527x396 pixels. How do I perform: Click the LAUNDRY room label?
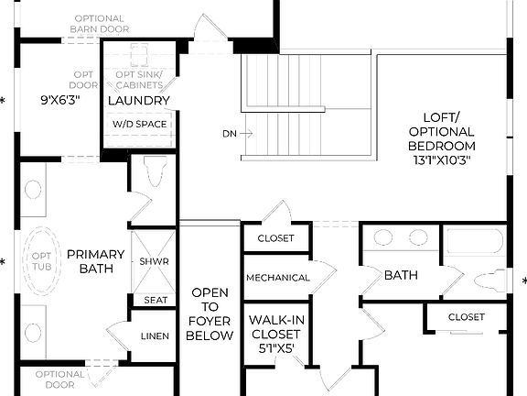(139, 101)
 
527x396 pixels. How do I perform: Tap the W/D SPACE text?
(139, 123)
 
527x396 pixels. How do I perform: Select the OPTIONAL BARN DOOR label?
(99, 23)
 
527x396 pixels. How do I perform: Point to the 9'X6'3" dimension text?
(60, 101)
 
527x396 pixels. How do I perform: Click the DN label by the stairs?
(230, 134)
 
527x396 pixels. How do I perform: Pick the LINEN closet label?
(155, 336)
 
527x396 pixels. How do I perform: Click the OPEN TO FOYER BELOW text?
(210, 314)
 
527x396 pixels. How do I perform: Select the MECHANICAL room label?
(277, 278)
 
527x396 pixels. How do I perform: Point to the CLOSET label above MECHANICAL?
(276, 238)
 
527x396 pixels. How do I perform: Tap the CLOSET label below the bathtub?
(466, 317)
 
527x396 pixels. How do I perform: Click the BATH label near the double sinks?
(401, 275)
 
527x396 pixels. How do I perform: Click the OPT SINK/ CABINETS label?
(139, 80)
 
